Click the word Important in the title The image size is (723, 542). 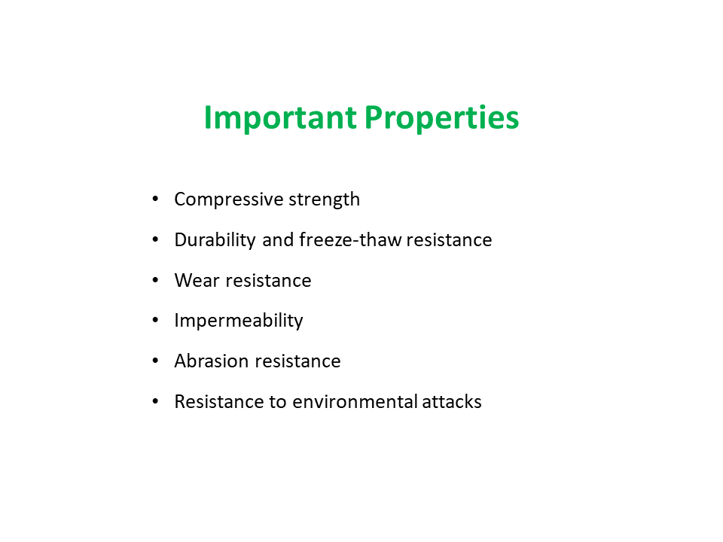tap(280, 118)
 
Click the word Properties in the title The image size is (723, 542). tap(442, 118)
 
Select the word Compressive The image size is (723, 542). tap(229, 199)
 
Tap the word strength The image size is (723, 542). tap(324, 199)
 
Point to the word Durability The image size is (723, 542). tap(215, 240)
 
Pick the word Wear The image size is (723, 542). tap(197, 280)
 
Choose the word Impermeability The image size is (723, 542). tap(239, 321)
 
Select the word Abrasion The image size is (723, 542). tap(212, 361)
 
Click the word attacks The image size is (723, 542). tap(452, 401)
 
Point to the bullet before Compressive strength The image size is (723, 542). tap(155, 199)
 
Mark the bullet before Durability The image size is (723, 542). tap(155, 239)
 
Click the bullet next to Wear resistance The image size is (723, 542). tap(155, 280)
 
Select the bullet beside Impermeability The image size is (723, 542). tap(155, 321)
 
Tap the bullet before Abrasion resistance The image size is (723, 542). tap(155, 361)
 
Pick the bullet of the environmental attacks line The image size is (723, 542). tap(155, 401)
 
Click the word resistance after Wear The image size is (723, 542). tap(268, 281)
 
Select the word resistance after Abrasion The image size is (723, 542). tap(298, 361)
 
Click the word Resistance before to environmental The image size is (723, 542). tap(219, 401)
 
